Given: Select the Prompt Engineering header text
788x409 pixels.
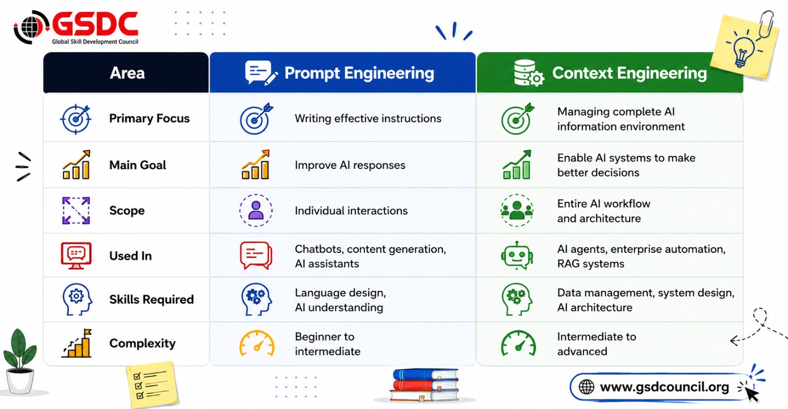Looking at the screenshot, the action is (359, 73).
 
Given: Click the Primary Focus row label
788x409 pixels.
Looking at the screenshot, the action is (149, 119).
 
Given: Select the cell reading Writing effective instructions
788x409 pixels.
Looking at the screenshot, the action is (368, 119).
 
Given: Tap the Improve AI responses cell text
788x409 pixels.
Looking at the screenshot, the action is (350, 165).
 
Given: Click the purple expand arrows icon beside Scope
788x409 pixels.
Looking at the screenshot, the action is (76, 211).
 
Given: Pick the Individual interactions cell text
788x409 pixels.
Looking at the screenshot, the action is (351, 211).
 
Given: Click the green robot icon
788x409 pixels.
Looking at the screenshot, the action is (517, 255).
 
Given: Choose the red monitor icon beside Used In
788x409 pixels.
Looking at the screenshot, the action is (76, 255).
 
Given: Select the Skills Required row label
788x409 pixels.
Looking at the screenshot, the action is (151, 299).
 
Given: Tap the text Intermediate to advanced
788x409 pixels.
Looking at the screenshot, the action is (596, 344).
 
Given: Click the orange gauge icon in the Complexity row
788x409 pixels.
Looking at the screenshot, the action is (257, 343).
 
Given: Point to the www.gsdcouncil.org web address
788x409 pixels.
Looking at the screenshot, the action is (664, 387).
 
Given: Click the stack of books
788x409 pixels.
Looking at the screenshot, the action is (425, 385).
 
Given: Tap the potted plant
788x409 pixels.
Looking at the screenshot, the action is (20, 362).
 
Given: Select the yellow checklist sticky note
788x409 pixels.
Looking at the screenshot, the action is (152, 384).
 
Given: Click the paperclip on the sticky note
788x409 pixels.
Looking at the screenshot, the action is (767, 24).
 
